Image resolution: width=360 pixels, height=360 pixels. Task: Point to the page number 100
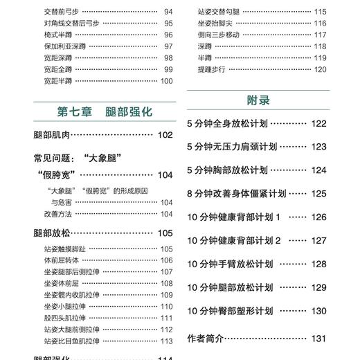[166, 81]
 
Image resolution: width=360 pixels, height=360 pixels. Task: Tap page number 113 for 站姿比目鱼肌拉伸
[166, 341]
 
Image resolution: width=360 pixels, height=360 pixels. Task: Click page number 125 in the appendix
[318, 194]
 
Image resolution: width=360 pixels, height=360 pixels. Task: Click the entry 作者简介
[206, 339]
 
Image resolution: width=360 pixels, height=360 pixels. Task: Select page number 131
[318, 339]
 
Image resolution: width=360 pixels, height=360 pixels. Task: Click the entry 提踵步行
[211, 69]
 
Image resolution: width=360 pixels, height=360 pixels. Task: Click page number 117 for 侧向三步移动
[319, 34]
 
